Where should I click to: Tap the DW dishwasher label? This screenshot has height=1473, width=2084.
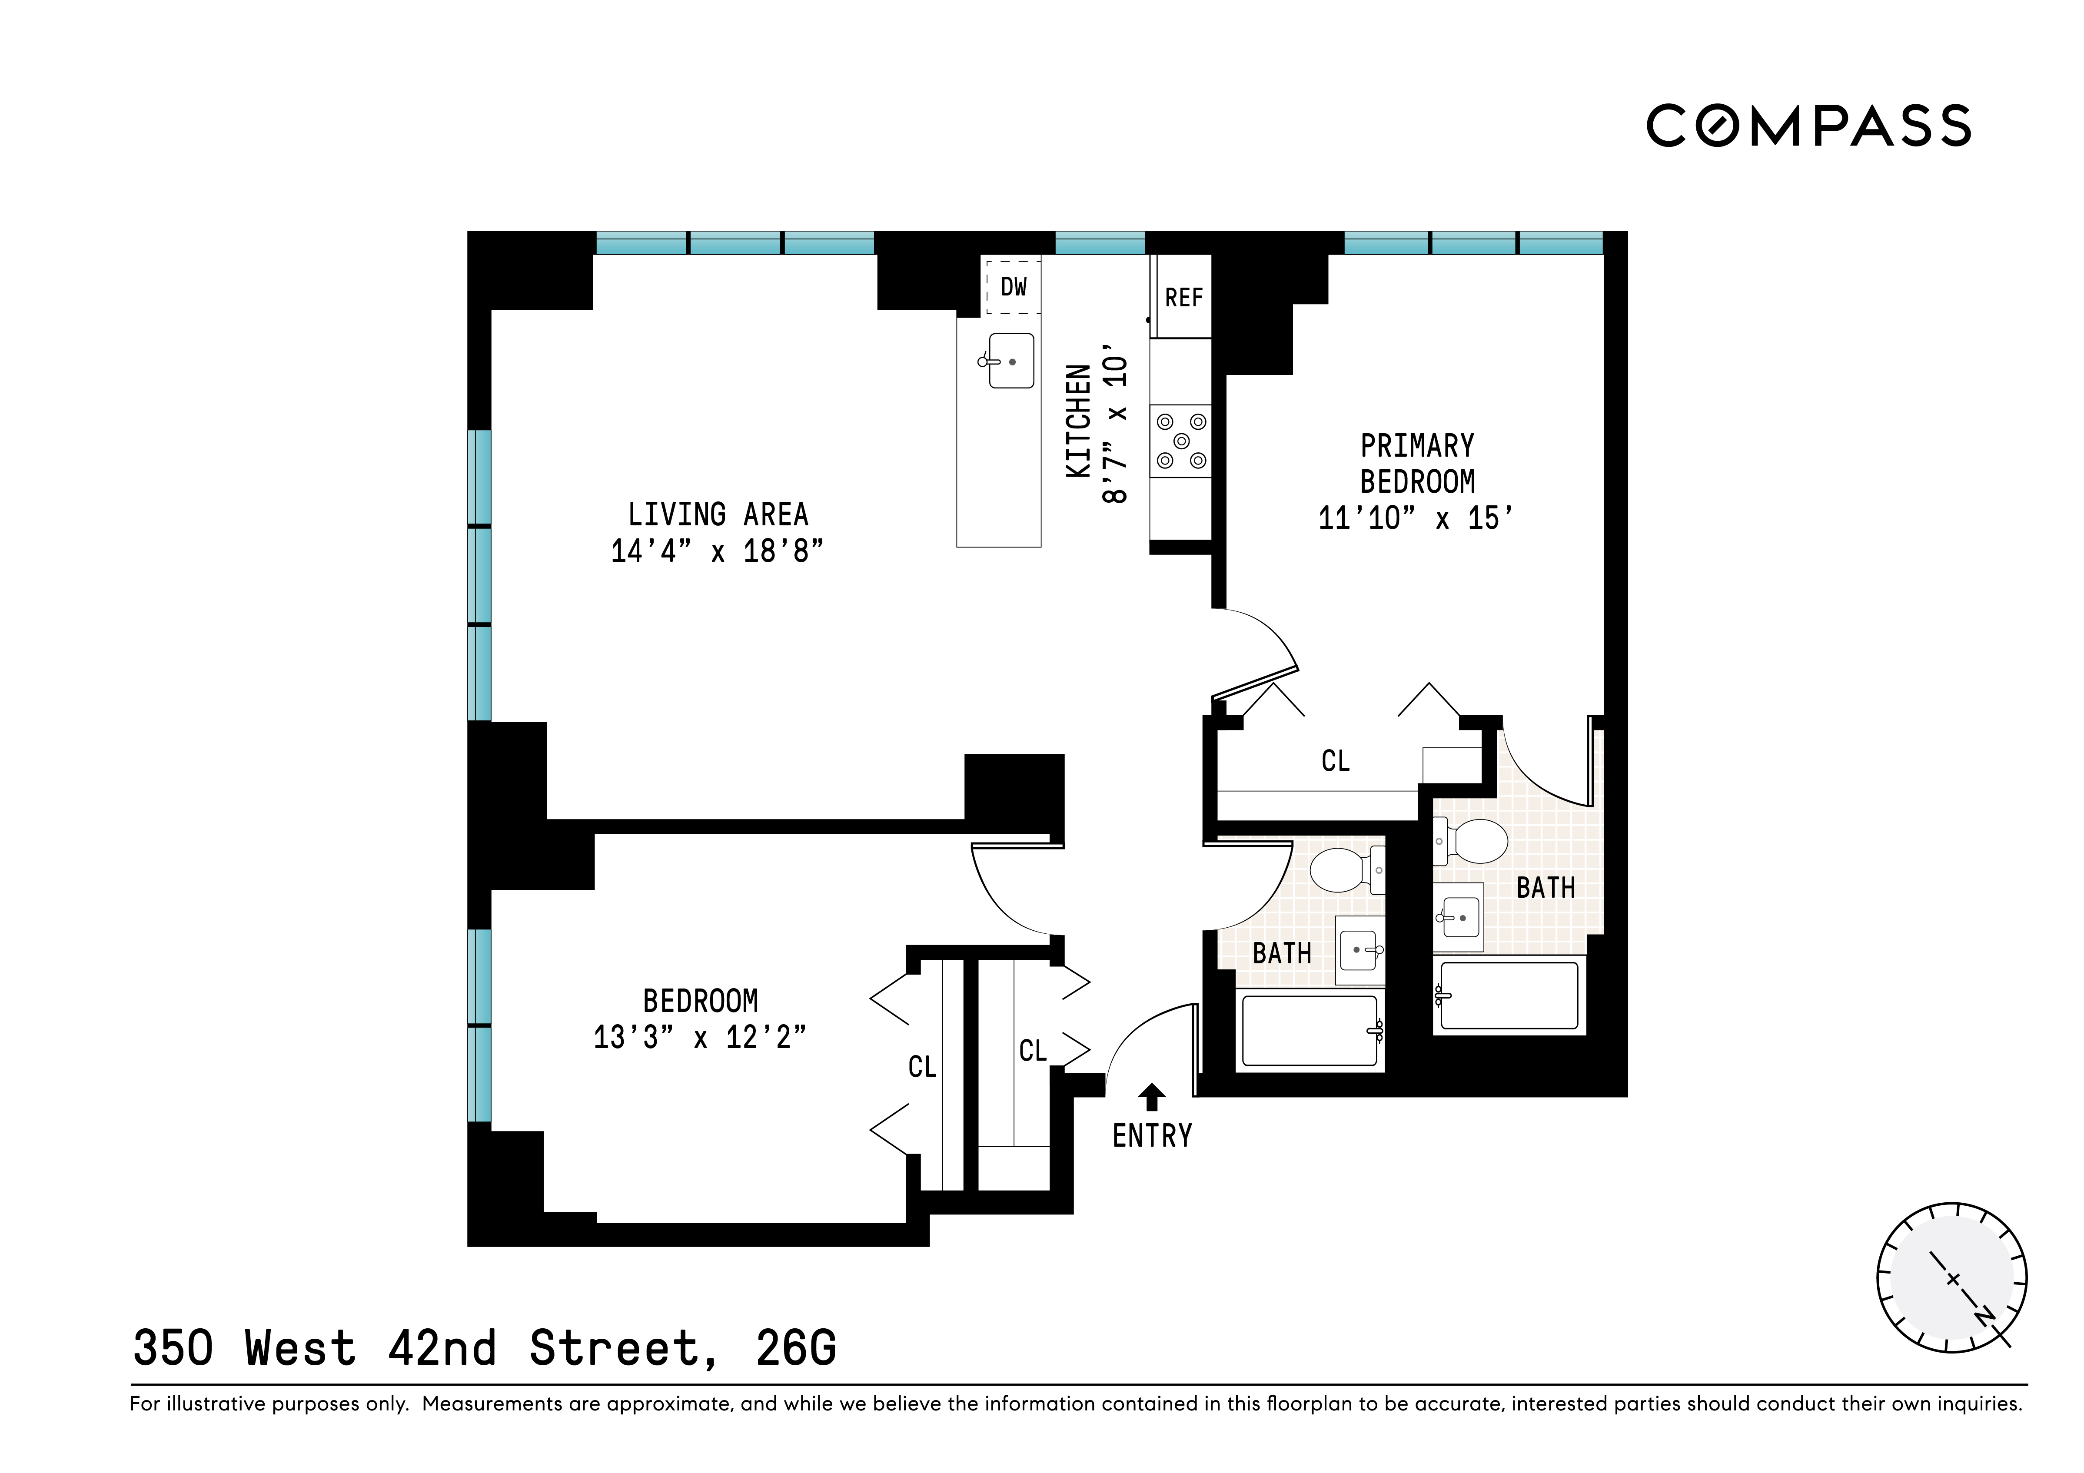point(1013,287)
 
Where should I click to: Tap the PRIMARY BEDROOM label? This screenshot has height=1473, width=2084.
point(1417,464)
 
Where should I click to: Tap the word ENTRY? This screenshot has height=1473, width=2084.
point(1152,1135)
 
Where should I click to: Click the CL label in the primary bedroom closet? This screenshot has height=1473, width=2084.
point(1335,760)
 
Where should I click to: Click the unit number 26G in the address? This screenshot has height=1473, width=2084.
point(796,1348)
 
